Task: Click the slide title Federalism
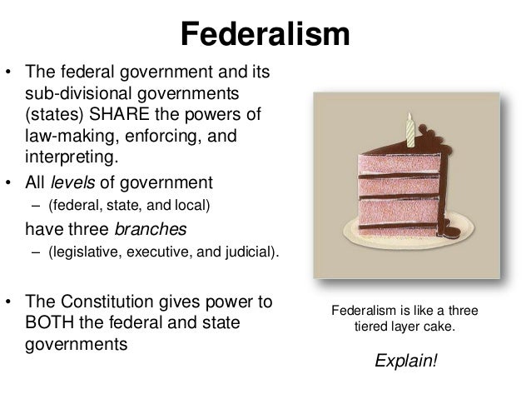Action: point(265,35)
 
